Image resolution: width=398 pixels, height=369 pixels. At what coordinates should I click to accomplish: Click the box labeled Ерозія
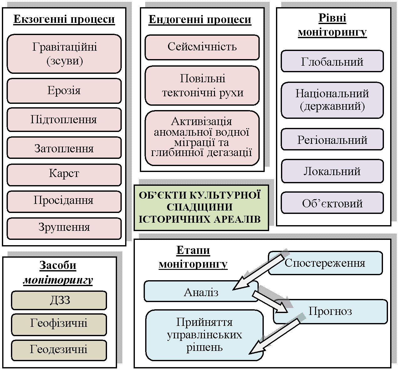click(64, 91)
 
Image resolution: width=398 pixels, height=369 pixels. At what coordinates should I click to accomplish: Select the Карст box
click(64, 174)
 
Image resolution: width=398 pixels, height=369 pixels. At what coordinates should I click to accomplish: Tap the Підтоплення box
click(64, 120)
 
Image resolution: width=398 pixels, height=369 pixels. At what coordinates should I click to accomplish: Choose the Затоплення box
click(64, 148)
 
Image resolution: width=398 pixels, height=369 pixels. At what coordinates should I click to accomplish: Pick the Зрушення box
click(64, 228)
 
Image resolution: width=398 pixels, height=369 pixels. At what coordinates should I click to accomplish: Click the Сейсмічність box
click(202, 47)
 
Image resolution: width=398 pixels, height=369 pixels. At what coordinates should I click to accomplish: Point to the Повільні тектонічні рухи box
click(202, 85)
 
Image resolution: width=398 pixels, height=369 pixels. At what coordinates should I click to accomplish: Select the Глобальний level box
click(332, 61)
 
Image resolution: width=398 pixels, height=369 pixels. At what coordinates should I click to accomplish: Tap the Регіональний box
click(332, 139)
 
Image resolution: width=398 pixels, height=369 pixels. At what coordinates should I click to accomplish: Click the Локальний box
click(332, 171)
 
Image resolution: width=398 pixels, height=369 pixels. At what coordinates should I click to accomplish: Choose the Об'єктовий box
click(332, 203)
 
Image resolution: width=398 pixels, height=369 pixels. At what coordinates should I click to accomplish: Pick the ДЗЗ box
click(59, 300)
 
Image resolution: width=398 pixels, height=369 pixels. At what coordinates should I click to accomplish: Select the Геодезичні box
click(59, 350)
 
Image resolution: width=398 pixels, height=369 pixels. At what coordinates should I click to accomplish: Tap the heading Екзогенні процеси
click(64, 19)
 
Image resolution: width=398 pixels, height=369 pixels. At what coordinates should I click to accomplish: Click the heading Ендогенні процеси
click(200, 19)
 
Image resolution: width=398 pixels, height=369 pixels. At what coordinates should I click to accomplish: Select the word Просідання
click(64, 200)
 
